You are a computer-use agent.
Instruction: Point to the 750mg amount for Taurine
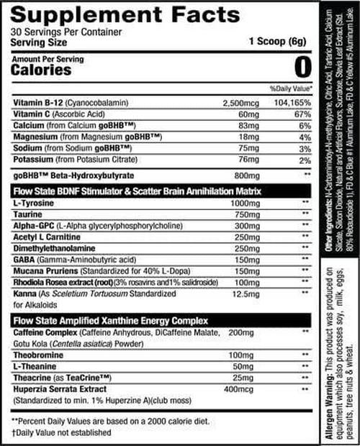tap(243, 216)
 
